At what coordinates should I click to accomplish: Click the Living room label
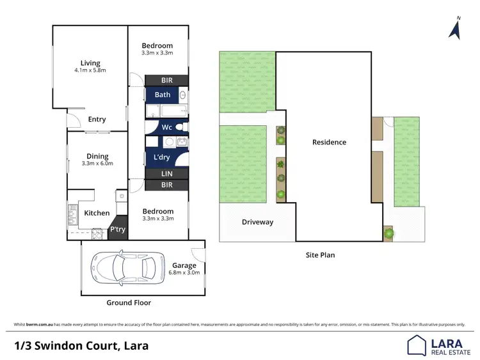tap(90, 63)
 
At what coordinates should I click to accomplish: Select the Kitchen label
tap(97, 213)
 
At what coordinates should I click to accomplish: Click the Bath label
tap(162, 95)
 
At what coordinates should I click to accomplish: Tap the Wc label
tap(166, 127)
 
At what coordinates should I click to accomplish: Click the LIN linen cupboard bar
tap(166, 173)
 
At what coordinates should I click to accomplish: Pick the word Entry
tap(97, 120)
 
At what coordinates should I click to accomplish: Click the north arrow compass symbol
tap(456, 29)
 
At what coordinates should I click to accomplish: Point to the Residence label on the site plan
tap(329, 142)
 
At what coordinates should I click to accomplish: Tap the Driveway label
tap(257, 223)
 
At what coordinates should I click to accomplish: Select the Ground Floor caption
tap(129, 302)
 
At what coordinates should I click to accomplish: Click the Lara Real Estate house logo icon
tap(417, 345)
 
